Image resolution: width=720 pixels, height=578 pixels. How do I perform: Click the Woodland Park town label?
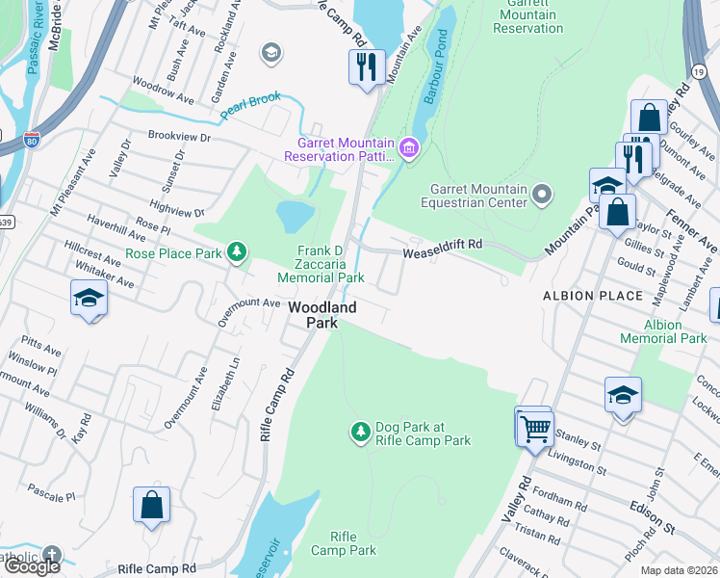coord(323,315)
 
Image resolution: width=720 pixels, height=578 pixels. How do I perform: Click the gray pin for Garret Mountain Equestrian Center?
coord(542,196)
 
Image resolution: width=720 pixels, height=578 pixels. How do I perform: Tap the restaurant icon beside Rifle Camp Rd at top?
coord(366,67)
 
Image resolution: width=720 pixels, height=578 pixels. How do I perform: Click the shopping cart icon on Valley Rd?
coord(535,427)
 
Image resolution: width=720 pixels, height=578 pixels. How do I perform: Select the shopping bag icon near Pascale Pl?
coord(151,504)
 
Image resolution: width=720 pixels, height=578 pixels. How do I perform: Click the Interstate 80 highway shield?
coord(32,143)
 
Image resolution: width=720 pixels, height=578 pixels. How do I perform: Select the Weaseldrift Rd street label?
coord(442,246)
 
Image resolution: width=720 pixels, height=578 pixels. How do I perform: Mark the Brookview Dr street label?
coord(178,137)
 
